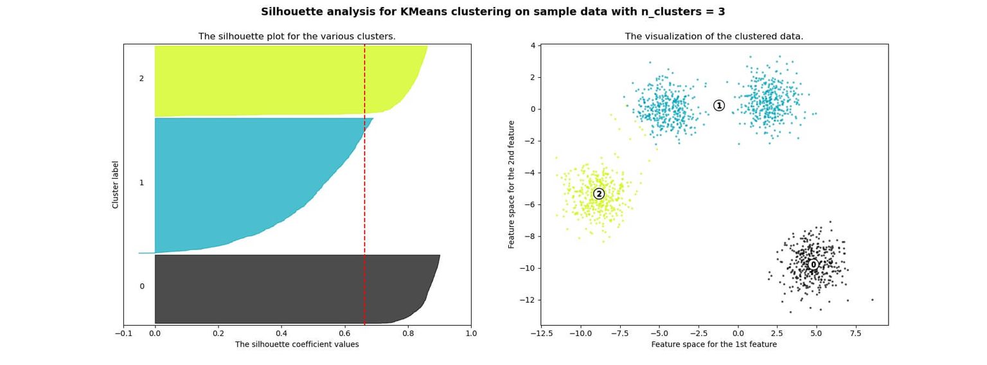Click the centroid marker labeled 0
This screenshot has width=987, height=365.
tap(813, 265)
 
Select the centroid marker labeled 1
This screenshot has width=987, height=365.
tap(719, 105)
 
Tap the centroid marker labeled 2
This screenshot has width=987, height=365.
tap(599, 194)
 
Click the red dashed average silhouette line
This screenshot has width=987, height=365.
tap(364, 193)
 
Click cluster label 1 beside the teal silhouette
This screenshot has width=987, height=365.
tap(141, 183)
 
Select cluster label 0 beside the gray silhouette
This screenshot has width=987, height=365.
tap(142, 287)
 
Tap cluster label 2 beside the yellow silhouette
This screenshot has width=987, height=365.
tap(141, 79)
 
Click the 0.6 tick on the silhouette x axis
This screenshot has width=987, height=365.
tap(345, 333)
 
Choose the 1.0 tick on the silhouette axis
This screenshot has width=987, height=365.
tap(471, 333)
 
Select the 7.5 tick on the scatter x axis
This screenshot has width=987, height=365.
tap(855, 334)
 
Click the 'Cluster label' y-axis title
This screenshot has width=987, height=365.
tap(116, 184)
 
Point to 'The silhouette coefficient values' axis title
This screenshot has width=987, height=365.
tap(297, 344)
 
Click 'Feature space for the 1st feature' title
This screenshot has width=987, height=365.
tap(714, 344)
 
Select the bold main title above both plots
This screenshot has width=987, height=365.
tap(493, 12)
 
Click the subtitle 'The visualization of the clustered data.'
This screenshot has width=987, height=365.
tap(714, 37)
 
